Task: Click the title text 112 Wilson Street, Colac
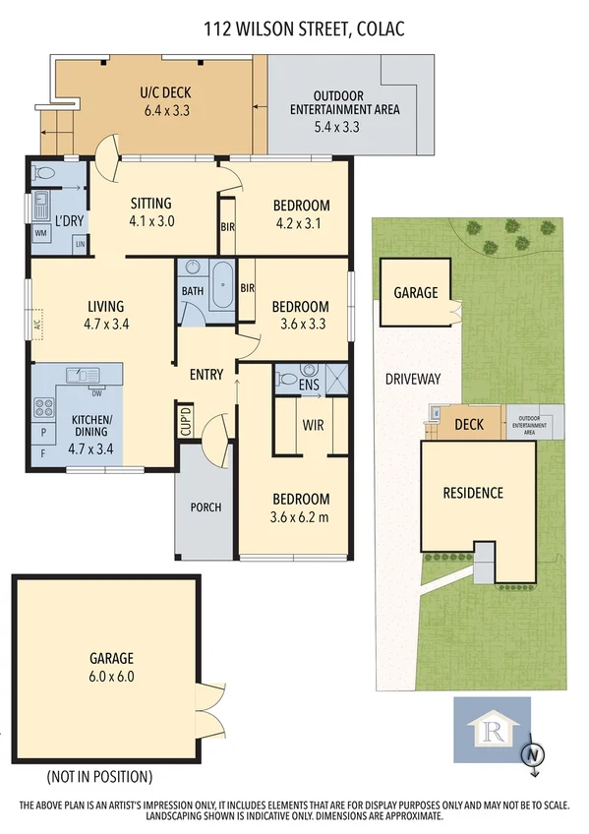point(303,30)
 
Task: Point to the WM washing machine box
point(41,233)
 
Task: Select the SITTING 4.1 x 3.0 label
point(151,212)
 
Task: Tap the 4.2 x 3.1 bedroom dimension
point(301,223)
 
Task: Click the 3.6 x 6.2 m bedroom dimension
point(301,517)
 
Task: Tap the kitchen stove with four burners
point(45,406)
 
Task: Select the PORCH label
point(206,507)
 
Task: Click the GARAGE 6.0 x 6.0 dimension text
point(111,676)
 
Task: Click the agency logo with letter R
point(491,729)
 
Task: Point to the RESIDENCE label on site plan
point(472,493)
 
